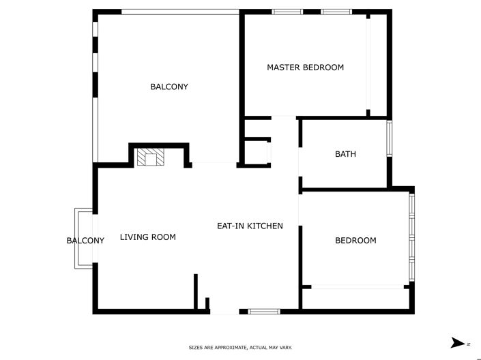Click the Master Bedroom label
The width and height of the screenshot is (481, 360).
[305, 67]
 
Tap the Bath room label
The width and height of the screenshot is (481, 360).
[345, 154]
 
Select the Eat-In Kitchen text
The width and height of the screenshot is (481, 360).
[250, 226]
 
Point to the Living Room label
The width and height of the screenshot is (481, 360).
[148, 237]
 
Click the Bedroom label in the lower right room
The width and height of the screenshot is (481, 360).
[355, 241]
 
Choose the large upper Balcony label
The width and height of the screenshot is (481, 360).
[169, 87]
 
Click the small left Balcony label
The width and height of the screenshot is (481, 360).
[85, 241]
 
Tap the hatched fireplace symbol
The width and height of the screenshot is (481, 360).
[150, 158]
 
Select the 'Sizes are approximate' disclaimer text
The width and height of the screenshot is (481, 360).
[240, 348]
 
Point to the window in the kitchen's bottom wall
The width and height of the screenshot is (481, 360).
[264, 312]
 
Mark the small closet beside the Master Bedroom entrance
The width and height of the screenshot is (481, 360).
[258, 151]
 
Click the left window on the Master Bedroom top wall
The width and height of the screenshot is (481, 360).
[287, 12]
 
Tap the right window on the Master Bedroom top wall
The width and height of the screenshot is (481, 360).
[336, 12]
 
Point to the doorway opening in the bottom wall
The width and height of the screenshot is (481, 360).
[224, 312]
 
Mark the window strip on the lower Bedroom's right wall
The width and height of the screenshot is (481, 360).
[411, 236]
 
